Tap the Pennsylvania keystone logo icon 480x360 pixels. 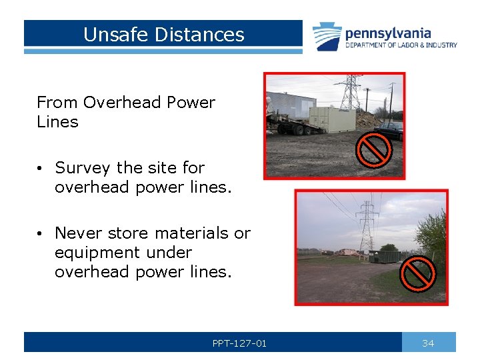point(327,37)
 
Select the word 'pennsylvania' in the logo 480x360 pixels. point(387,33)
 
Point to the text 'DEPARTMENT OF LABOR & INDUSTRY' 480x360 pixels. point(401,45)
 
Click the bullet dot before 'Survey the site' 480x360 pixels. point(41,168)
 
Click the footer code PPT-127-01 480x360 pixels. point(239,343)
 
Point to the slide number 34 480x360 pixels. point(428,343)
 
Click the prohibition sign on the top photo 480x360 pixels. point(373,149)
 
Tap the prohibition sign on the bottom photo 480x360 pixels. point(418,273)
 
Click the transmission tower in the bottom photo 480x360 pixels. point(367,226)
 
